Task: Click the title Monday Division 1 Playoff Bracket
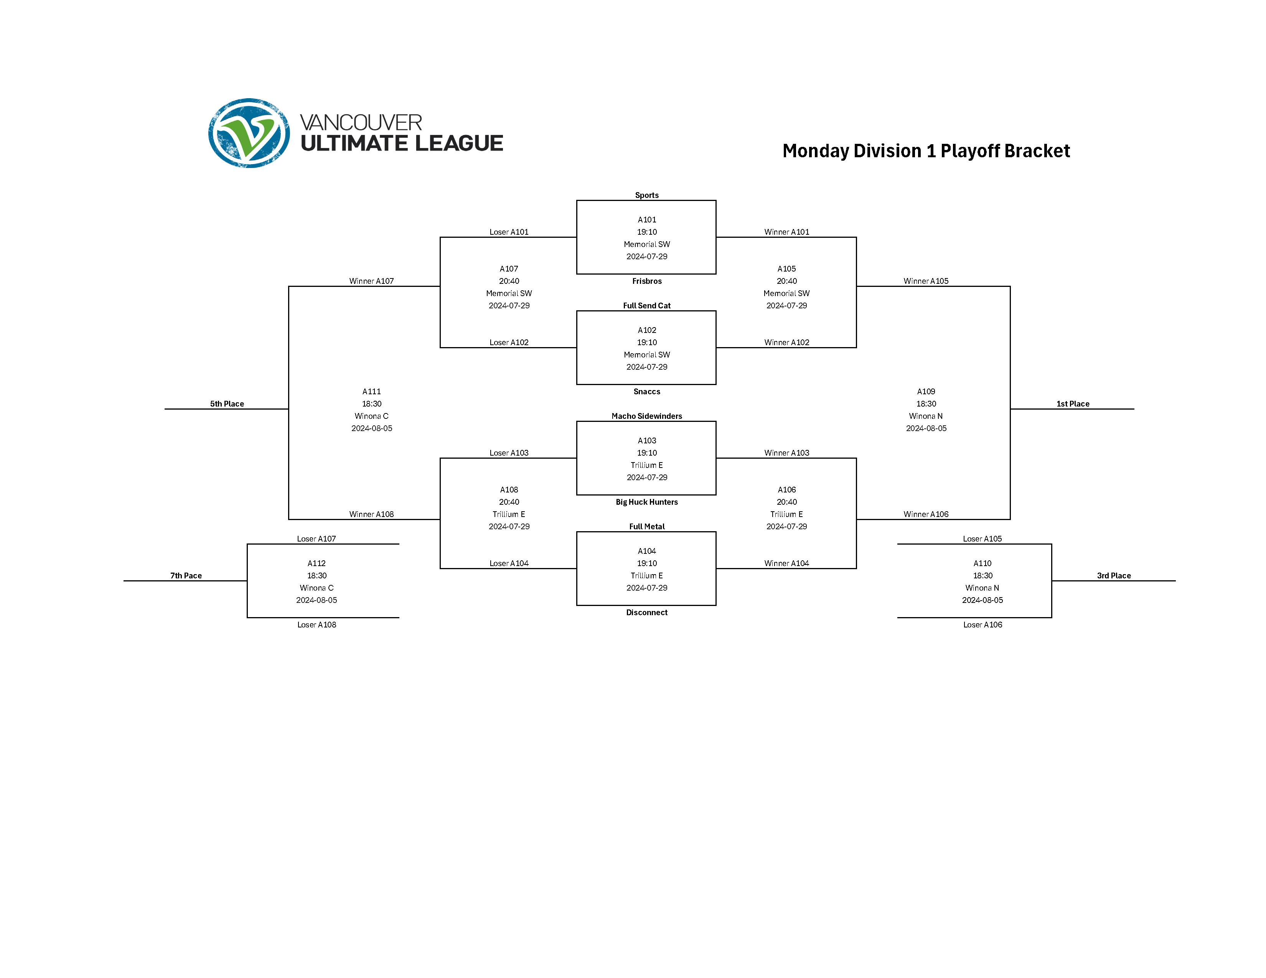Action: pos(925,151)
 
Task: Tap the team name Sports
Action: pos(646,195)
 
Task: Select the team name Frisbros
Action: pos(646,281)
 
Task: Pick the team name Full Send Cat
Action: pos(646,305)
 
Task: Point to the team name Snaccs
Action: pos(646,392)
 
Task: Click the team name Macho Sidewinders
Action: pos(646,416)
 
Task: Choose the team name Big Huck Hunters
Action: pos(646,502)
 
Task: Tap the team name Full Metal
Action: pos(646,526)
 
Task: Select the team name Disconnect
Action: pos(646,612)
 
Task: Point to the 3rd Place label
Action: pos(1114,575)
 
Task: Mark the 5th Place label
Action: pos(227,404)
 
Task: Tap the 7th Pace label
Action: pos(186,575)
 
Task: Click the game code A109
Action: pos(926,392)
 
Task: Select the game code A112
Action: pos(316,563)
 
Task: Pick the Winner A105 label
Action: pos(926,281)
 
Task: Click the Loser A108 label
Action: pos(316,624)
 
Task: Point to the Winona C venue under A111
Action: pos(372,416)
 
